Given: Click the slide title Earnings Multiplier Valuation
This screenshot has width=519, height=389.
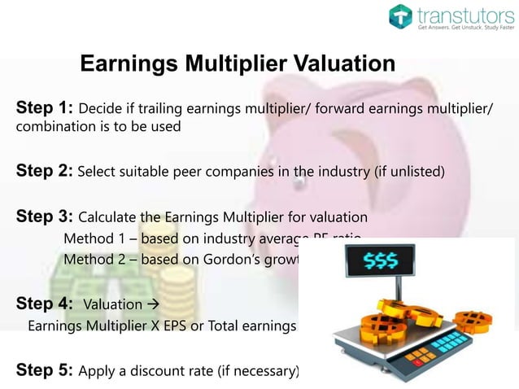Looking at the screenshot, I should coord(238,63).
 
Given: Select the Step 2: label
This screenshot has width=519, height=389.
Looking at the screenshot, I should coord(45,171).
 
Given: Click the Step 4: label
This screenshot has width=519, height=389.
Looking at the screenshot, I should coord(45,304).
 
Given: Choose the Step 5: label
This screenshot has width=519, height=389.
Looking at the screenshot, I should coord(45,369).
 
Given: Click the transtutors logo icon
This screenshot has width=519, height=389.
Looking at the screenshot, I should coord(401,16).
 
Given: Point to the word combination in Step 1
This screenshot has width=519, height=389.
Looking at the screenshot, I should coord(50,127).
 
